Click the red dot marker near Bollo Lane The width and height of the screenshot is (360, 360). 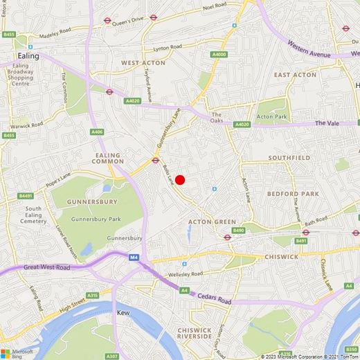tap(179, 180)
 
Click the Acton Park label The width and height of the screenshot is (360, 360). tap(272, 117)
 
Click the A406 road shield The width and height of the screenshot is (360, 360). tap(97, 132)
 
